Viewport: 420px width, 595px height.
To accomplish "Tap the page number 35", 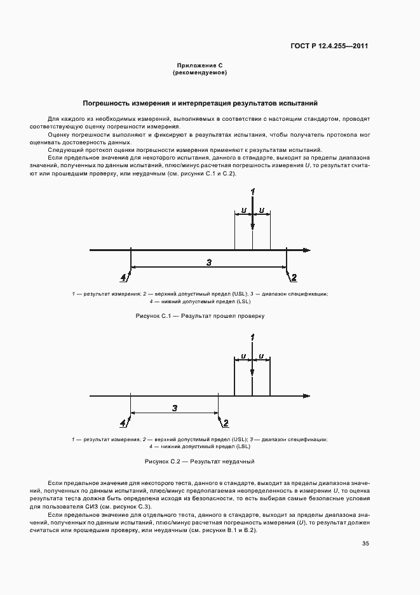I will tap(365, 543).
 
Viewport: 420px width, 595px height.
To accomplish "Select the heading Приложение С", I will tap(200, 65).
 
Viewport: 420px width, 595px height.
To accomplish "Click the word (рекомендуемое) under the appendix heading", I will tap(200, 72).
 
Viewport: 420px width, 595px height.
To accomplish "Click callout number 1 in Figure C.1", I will tap(253, 191).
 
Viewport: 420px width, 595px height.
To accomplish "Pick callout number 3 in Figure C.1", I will tap(209, 262).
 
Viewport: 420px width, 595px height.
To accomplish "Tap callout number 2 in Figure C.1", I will tap(294, 277).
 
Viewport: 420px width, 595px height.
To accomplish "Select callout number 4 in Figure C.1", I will tap(123, 277).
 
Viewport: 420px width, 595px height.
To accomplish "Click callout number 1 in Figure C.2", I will tap(253, 337).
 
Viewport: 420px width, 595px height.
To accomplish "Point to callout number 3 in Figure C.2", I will tap(174, 408).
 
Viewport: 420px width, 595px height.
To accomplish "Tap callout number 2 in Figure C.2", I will tap(226, 423).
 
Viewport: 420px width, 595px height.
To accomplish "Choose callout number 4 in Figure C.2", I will tap(123, 423).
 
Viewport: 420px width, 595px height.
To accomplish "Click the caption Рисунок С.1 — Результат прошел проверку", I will tap(200, 315).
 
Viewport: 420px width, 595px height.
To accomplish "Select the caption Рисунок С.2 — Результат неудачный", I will tap(200, 461).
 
